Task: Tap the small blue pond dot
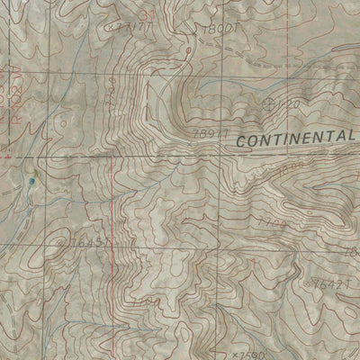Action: [x=33, y=180]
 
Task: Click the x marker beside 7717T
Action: [x=109, y=27]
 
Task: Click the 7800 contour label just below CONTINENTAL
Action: [x=291, y=166]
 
